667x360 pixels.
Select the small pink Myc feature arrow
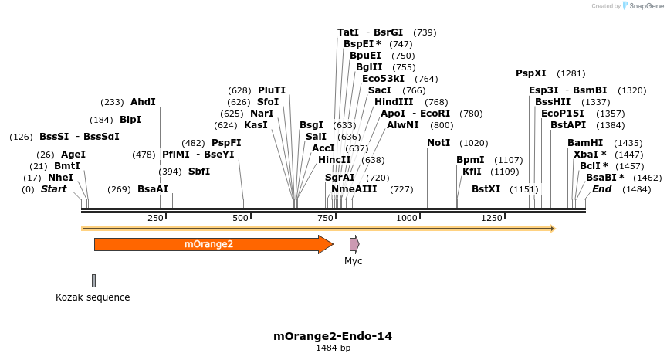point(354,244)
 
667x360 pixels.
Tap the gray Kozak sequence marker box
point(93,280)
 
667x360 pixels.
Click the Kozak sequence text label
point(93,297)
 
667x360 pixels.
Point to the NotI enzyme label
point(438,143)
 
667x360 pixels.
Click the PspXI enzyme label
point(531,73)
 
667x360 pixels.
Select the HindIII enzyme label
point(394,102)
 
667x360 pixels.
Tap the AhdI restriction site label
point(143,102)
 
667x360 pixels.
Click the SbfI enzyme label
point(199,172)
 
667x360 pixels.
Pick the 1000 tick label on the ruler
point(406,219)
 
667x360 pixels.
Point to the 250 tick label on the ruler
point(155,219)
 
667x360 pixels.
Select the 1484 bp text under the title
point(333,348)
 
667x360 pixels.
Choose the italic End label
point(601,189)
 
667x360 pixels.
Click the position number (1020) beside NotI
point(474,143)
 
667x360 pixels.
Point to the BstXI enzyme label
point(486,189)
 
